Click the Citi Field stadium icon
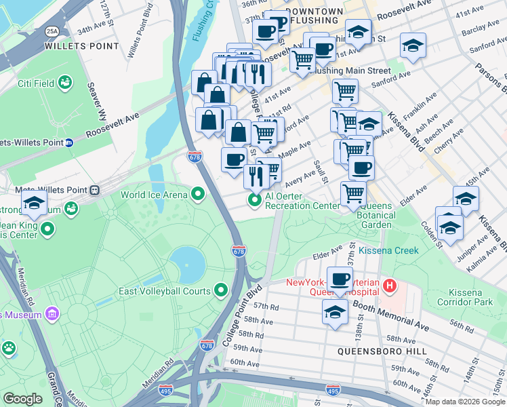tap(66, 83)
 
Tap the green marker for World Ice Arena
tap(198, 195)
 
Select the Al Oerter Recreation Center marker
tap(256, 200)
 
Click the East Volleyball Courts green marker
tap(221, 291)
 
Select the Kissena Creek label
tap(388, 250)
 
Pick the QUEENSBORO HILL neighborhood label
tap(383, 351)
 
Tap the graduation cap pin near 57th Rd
tap(335, 311)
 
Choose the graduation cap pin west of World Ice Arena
tap(34, 202)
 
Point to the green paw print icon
tap(9, 349)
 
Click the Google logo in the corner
tap(23, 398)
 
